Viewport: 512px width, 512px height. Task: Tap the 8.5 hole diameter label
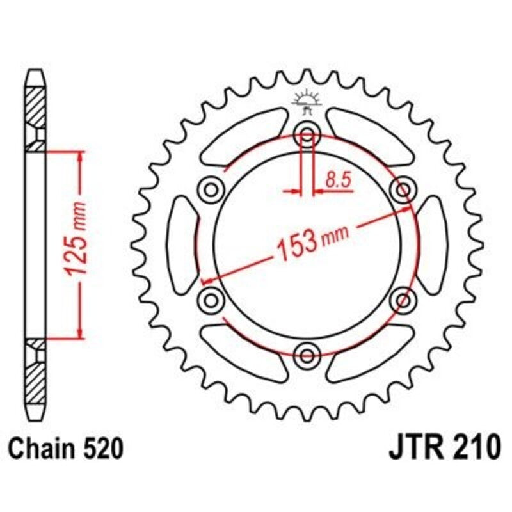click(339, 181)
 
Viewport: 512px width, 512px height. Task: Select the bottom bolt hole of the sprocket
click(307, 353)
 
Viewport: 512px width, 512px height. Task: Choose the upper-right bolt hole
click(403, 189)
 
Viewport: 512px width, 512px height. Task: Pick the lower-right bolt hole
click(403, 299)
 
